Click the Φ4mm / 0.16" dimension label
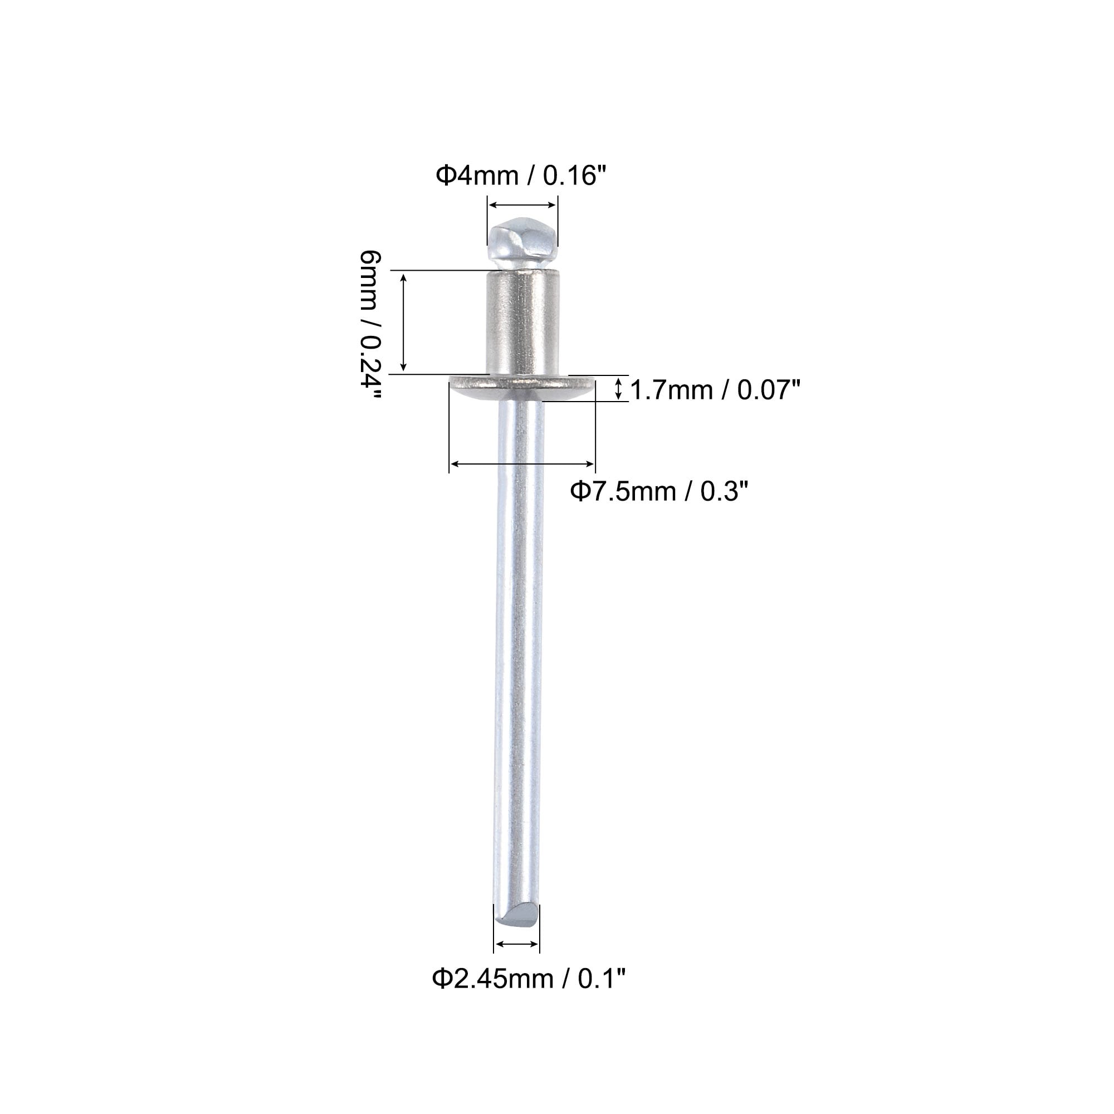click(x=522, y=175)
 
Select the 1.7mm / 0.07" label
click(x=715, y=390)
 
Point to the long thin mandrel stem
click(x=519, y=652)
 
